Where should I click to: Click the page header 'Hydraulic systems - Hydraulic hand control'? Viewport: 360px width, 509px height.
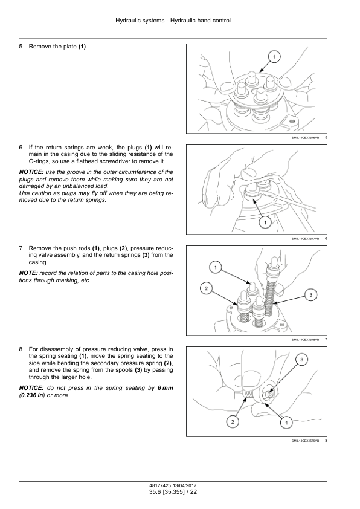click(x=173, y=21)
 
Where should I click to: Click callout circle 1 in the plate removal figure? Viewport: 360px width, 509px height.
click(x=274, y=57)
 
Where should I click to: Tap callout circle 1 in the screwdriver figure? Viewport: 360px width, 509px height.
click(x=265, y=222)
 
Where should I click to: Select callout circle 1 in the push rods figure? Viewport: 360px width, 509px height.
click(x=216, y=267)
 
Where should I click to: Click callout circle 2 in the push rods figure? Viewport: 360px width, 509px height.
click(x=206, y=288)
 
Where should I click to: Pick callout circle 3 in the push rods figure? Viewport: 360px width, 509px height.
click(x=310, y=295)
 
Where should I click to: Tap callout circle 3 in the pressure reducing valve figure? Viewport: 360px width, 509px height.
click(x=301, y=360)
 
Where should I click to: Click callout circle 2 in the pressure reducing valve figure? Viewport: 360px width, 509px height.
click(x=232, y=422)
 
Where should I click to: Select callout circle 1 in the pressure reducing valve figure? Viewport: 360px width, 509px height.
click(x=286, y=423)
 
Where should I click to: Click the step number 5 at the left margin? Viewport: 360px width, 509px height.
click(x=21, y=47)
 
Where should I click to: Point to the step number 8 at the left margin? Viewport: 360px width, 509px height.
click(x=21, y=349)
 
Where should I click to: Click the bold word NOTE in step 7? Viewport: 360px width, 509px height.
click(x=28, y=273)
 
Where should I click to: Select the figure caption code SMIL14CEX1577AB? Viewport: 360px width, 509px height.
click(x=305, y=239)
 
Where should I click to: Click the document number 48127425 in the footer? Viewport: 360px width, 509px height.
click(x=158, y=485)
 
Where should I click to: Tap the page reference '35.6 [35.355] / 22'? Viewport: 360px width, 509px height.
click(x=173, y=492)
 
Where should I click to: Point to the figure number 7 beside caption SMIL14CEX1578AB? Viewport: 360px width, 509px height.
click(x=326, y=340)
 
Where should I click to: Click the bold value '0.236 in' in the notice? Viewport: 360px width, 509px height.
click(x=32, y=395)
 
